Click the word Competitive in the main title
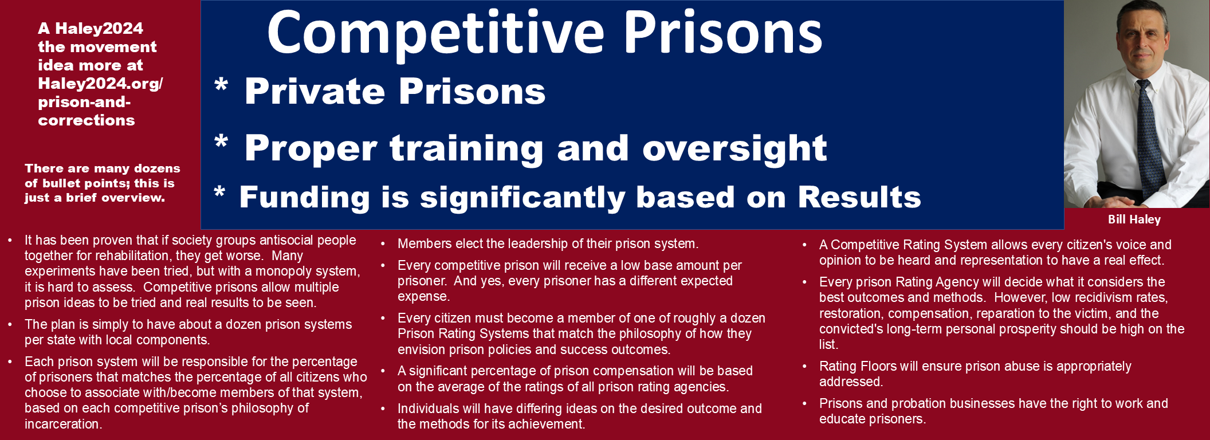(x=435, y=33)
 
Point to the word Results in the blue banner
(x=859, y=197)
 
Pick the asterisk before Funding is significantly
(x=219, y=192)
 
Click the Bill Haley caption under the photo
(x=1134, y=219)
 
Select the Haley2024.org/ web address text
(x=100, y=84)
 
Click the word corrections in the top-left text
(x=87, y=120)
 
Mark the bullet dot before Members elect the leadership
(x=383, y=244)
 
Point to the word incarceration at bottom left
(x=64, y=424)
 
